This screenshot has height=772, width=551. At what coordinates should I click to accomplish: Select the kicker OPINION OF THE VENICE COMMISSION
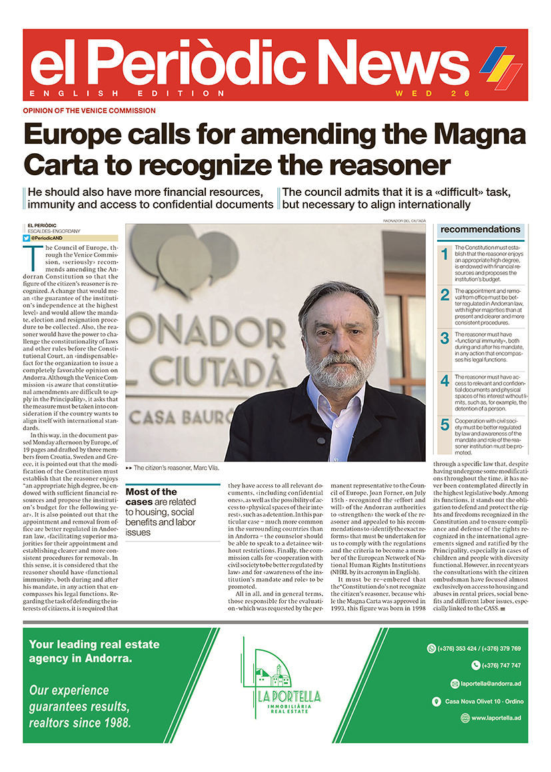click(89, 111)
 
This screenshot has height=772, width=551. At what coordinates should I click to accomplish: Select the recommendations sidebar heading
click(480, 229)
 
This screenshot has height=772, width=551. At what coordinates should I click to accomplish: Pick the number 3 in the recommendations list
click(445, 338)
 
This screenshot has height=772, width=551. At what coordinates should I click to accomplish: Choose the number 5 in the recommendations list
click(445, 424)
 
